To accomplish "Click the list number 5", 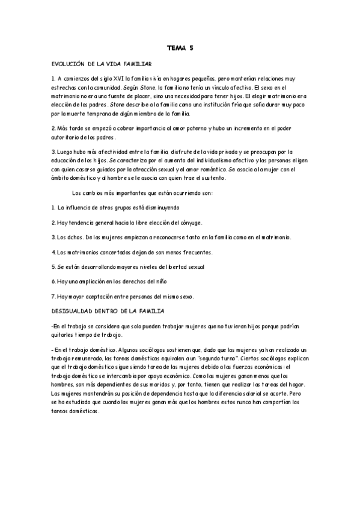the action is coord(53,266).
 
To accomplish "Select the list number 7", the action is coord(53,296).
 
